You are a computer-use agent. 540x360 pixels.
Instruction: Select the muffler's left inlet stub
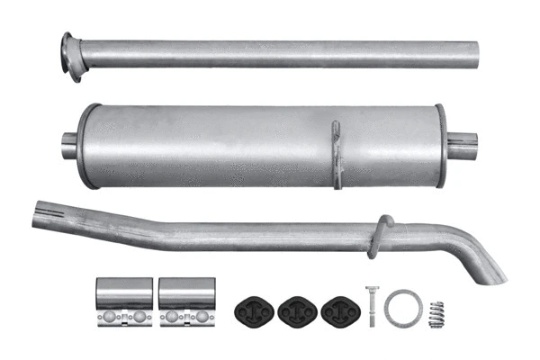tap(68, 143)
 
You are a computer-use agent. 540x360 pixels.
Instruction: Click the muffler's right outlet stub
tap(462, 146)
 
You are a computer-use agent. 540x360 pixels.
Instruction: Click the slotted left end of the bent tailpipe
tap(41, 214)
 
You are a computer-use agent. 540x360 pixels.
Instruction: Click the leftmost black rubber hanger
tap(253, 308)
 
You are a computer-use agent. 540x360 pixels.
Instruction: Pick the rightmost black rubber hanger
tap(337, 308)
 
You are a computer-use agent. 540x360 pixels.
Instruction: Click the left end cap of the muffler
tap(87, 146)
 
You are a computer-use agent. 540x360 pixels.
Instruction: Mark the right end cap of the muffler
tap(440, 146)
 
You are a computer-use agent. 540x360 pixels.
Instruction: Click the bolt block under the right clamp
tap(179, 318)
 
